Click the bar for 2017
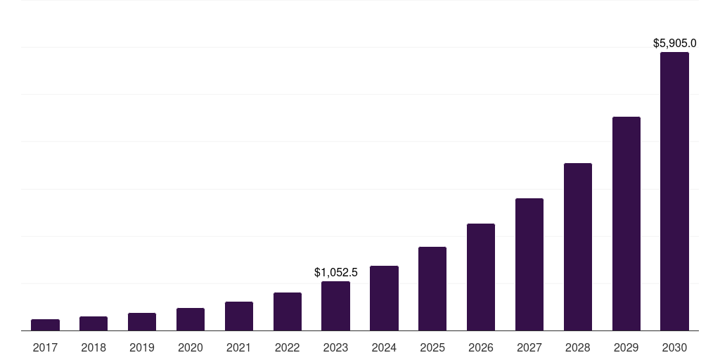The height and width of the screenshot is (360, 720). [45, 325]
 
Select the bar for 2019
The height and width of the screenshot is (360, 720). [142, 322]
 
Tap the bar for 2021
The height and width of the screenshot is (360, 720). [239, 316]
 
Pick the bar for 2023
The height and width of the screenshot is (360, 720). [335, 306]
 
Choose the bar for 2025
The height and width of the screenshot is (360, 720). [432, 289]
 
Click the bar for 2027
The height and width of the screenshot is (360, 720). [529, 264]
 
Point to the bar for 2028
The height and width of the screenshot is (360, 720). [578, 247]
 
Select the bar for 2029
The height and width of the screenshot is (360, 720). [626, 224]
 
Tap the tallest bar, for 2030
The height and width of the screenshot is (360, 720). [674, 191]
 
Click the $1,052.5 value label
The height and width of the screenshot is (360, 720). [336, 272]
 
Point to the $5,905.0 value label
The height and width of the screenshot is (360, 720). [675, 44]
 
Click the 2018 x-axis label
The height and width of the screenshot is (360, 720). [94, 347]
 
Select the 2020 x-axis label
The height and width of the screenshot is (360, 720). [191, 347]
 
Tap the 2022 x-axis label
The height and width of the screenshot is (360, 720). [287, 347]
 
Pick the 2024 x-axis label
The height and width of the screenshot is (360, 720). [384, 347]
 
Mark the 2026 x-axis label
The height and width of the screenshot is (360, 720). [481, 347]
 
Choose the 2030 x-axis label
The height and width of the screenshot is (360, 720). [674, 347]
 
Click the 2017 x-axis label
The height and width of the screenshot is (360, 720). [45, 347]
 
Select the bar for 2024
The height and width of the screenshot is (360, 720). [384, 298]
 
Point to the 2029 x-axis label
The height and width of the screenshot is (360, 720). [626, 347]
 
